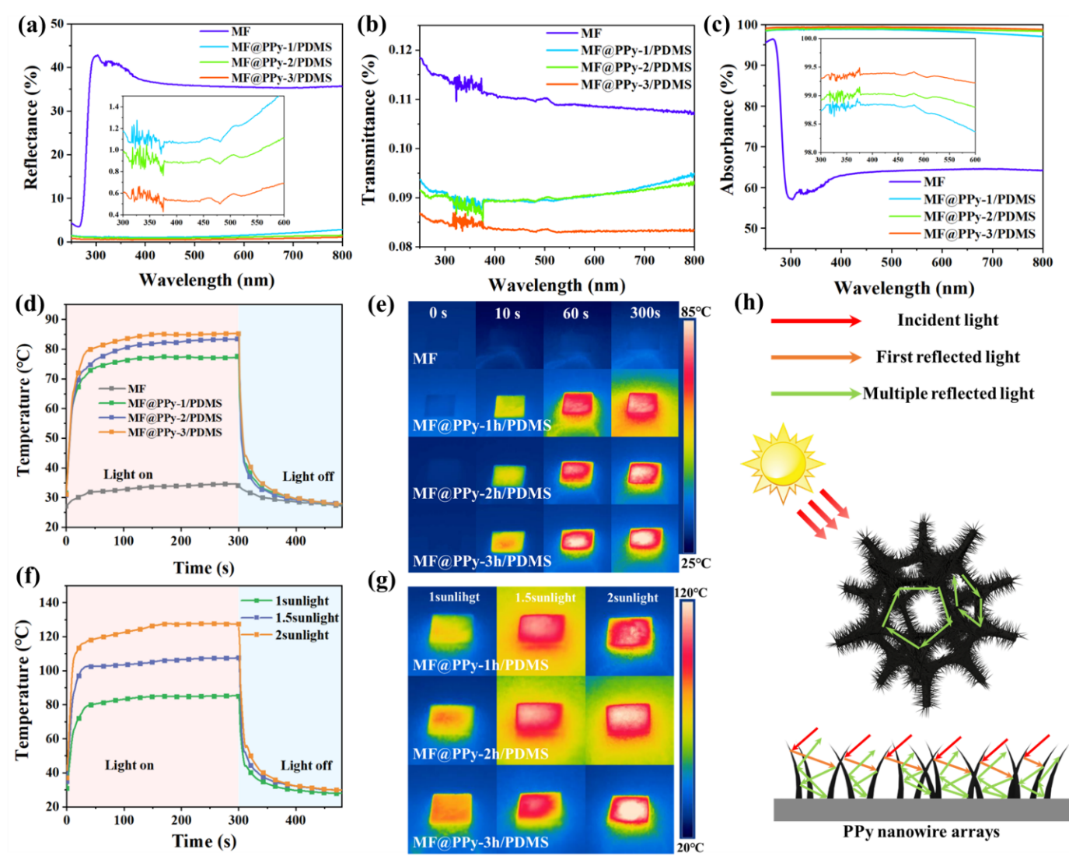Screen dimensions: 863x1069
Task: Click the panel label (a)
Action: click(32, 25)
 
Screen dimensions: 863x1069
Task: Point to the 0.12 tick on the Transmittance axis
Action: click(400, 50)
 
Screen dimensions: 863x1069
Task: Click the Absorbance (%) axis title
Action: click(728, 128)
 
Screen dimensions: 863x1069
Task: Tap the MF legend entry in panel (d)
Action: click(136, 388)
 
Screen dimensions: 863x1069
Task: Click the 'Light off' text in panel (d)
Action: click(308, 476)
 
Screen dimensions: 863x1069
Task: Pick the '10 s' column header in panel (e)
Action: click(508, 313)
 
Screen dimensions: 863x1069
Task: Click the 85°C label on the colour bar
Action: click(695, 311)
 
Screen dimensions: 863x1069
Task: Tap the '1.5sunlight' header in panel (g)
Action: click(545, 597)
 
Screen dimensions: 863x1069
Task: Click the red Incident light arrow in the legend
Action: click(816, 321)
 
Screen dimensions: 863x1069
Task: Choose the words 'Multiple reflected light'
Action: click(948, 394)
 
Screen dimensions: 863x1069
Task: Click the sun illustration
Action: click(782, 465)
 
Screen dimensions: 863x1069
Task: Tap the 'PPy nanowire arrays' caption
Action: click(921, 832)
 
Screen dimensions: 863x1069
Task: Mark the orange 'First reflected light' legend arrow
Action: click(816, 357)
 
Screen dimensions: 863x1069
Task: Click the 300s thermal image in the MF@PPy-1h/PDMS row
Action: click(645, 404)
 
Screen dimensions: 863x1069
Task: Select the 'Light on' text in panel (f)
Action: click(129, 765)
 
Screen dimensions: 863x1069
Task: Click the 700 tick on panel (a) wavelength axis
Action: click(293, 255)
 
